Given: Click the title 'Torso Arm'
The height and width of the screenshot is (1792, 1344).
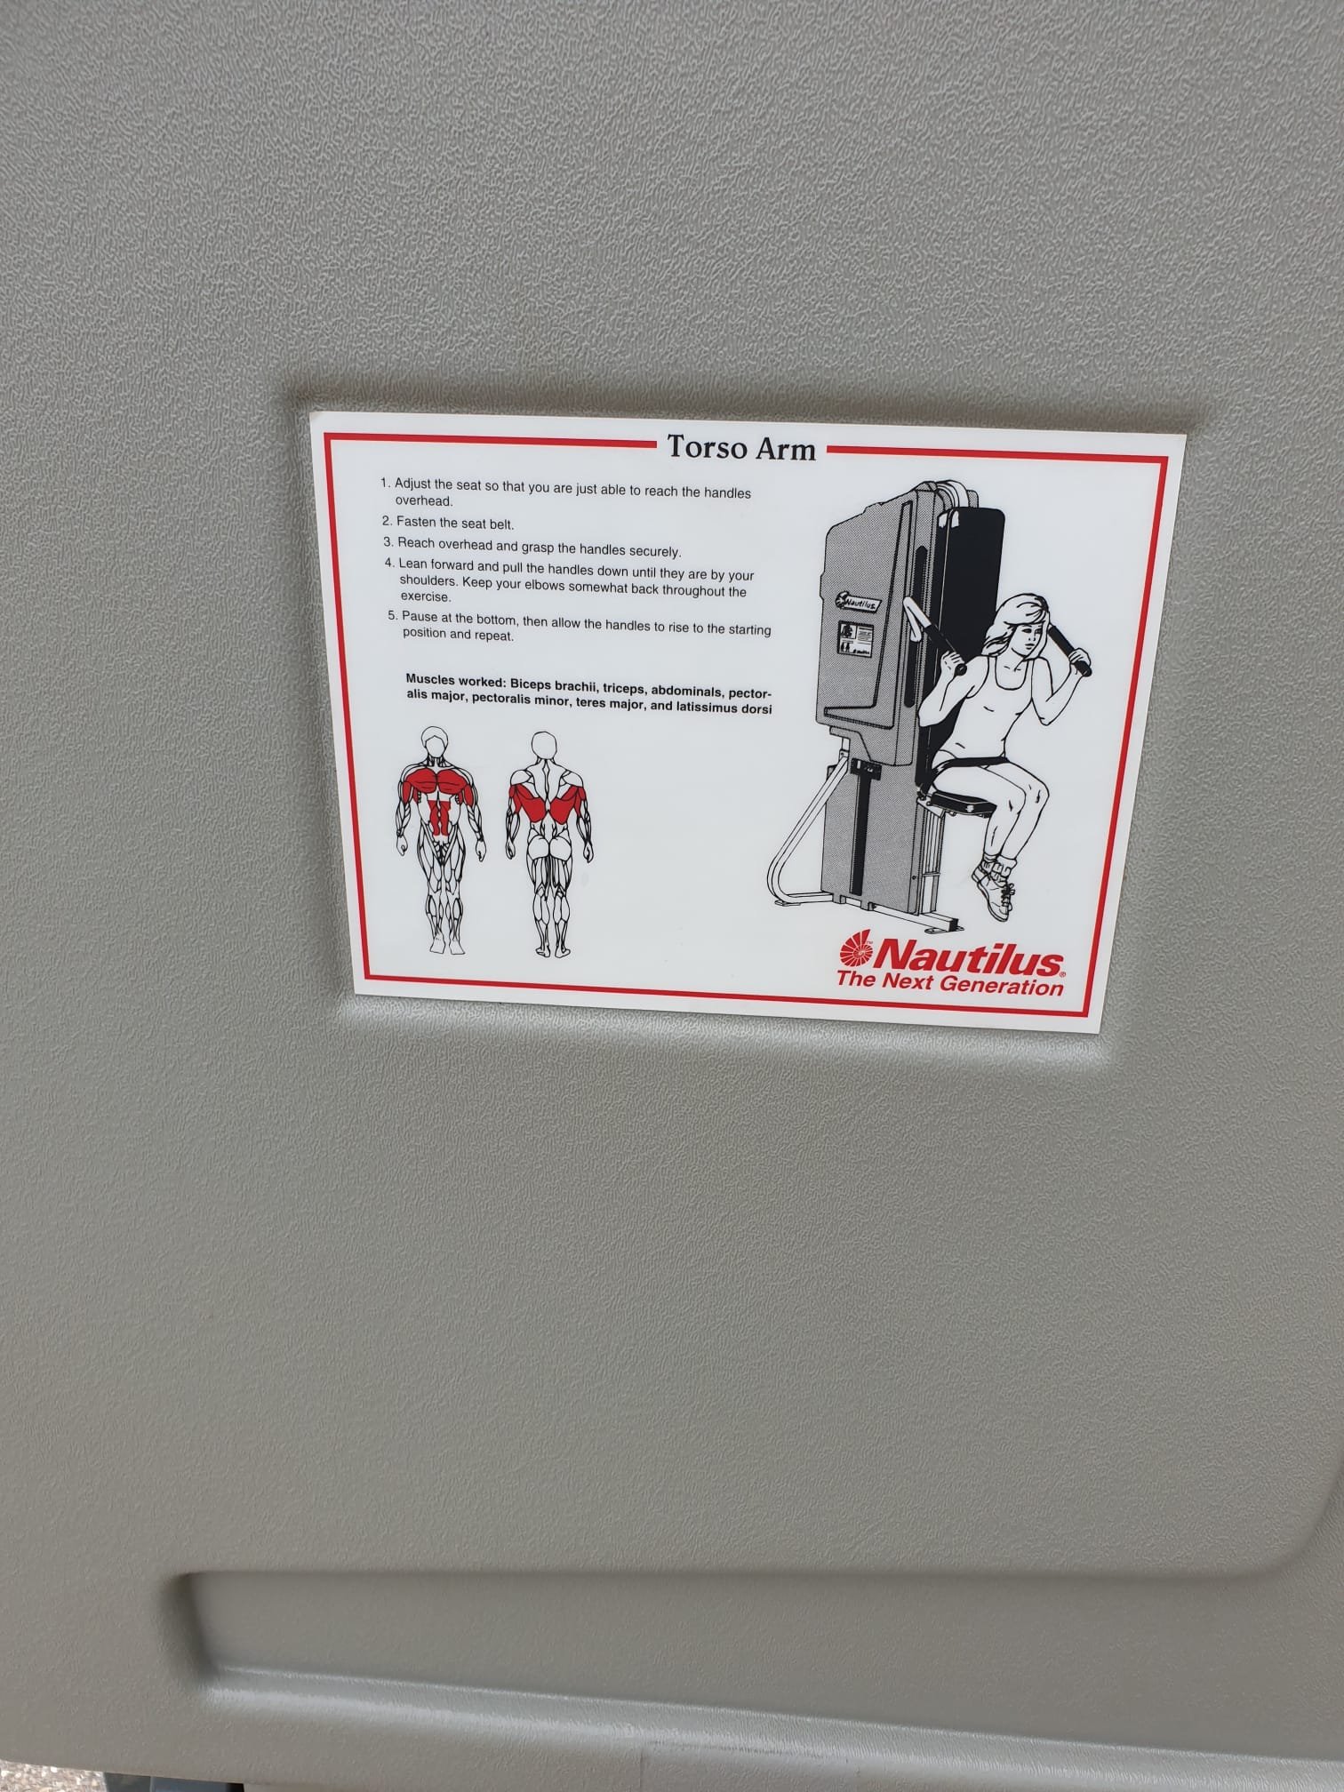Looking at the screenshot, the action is (x=741, y=447).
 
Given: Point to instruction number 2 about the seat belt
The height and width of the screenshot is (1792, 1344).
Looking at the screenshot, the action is (x=449, y=523).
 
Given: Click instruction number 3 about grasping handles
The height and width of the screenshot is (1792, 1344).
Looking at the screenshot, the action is (x=532, y=547).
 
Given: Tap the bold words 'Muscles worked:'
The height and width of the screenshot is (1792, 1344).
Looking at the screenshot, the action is (x=454, y=681).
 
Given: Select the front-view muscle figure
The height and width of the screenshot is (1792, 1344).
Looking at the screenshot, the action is (x=440, y=841).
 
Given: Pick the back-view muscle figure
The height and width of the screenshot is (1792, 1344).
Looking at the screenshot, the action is (x=549, y=844).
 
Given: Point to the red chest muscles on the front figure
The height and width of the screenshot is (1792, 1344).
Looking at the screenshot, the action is (x=437, y=783).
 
